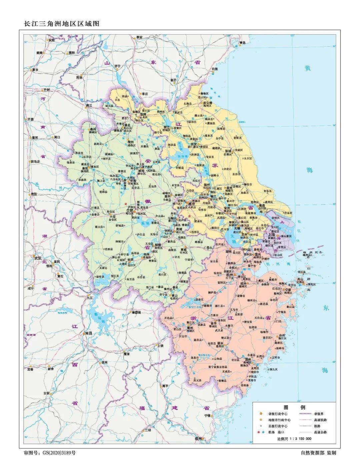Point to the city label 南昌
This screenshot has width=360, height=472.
point(88,333)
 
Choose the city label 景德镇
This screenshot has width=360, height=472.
point(137,312)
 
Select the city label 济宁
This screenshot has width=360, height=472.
point(117,66)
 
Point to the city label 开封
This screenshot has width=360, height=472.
point(46,90)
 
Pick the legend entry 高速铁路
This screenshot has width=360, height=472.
point(321,420)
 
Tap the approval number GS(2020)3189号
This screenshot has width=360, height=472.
point(57,453)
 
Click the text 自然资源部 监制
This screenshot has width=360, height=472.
point(318,453)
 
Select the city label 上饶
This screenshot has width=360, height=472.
point(161,345)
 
